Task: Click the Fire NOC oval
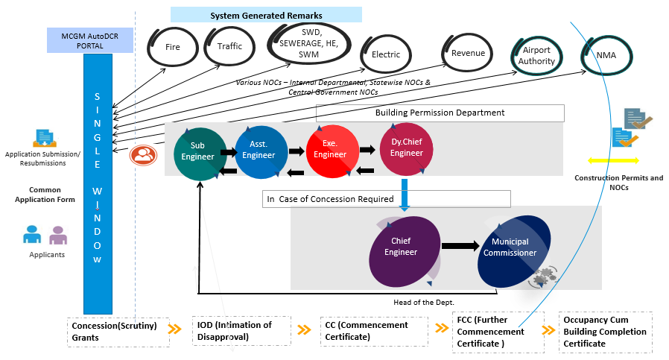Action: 173,46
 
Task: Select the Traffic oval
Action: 229,46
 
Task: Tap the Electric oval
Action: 386,54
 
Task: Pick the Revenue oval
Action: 468,52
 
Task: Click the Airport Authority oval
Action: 537,56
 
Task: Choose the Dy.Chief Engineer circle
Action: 407,147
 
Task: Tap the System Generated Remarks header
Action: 265,15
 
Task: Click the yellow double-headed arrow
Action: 613,160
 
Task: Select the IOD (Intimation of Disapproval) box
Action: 240,329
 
